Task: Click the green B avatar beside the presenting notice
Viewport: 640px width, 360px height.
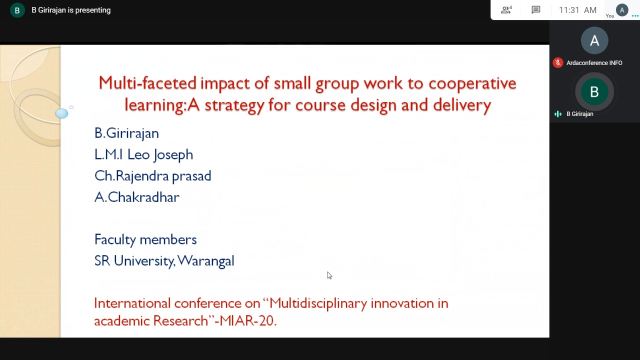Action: click(17, 10)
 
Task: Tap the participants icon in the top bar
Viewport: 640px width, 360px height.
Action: click(506, 10)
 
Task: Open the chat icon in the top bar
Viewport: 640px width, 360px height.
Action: click(535, 10)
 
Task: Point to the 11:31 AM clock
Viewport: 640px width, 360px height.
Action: click(577, 10)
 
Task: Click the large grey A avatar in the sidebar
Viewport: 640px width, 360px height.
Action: click(594, 40)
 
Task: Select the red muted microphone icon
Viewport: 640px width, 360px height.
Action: click(557, 63)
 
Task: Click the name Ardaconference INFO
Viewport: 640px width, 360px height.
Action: click(594, 63)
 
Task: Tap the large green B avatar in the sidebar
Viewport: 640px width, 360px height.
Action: click(594, 91)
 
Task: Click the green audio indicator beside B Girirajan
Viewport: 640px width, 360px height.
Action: click(557, 114)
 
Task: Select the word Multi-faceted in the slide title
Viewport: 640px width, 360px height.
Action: click(147, 83)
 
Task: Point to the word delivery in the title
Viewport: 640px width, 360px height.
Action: click(462, 105)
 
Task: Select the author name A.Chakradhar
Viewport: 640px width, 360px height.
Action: click(137, 197)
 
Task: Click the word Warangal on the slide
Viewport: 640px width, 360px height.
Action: click(205, 261)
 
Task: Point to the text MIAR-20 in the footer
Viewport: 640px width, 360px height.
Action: click(247, 320)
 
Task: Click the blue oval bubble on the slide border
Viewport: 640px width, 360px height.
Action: click(61, 113)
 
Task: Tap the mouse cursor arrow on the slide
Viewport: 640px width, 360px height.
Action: click(329, 275)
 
